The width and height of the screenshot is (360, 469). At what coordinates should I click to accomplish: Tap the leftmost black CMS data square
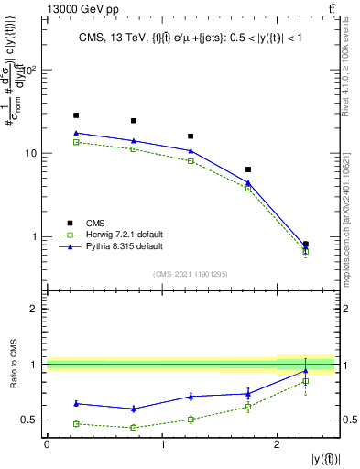point(76,115)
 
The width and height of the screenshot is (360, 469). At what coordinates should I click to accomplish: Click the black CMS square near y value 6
point(248,169)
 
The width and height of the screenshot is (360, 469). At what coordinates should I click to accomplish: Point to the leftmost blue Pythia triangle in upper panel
point(76,134)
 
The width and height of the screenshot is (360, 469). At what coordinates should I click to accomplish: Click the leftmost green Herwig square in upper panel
point(76,142)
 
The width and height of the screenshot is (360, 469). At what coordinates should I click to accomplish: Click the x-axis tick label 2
point(277,443)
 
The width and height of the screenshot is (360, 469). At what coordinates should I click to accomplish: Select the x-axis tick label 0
point(47,443)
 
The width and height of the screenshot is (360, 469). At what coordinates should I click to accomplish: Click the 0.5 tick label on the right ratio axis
point(348,420)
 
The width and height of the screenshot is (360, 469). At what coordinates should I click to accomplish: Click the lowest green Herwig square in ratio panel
point(134,427)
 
